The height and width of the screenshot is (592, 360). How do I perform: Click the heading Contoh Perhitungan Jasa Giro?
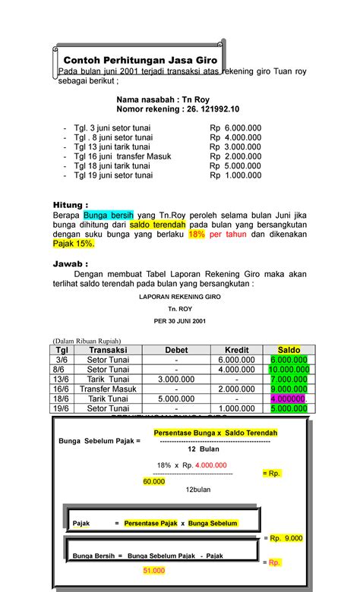[141, 59]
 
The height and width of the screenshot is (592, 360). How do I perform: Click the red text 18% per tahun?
[216, 235]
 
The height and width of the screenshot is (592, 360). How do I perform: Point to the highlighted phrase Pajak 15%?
[74, 244]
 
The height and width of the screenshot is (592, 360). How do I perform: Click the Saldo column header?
[289, 350]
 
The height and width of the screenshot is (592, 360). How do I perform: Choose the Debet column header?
[176, 350]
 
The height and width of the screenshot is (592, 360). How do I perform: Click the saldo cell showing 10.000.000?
[289, 369]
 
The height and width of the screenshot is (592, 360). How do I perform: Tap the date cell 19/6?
[60, 408]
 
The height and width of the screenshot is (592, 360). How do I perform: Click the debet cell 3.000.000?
[176, 379]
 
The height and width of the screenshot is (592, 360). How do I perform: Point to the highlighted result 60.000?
[154, 481]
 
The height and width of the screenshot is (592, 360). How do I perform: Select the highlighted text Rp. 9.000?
[286, 537]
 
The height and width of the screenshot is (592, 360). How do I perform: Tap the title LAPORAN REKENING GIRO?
[180, 298]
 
